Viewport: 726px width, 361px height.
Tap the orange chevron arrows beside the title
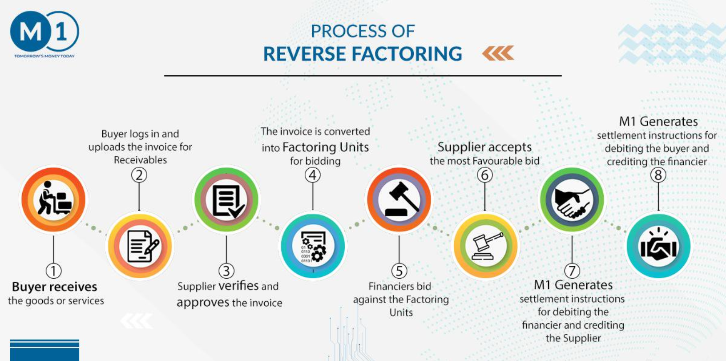click(498, 53)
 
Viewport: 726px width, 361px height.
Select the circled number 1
click(53, 271)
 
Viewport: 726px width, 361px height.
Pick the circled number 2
click(139, 175)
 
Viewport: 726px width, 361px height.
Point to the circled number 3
click(226, 271)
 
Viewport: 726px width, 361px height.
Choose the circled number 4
click(313, 175)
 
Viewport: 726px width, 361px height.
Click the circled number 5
click(399, 271)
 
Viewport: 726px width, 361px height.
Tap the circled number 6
click(485, 175)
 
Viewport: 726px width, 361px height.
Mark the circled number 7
click(572, 271)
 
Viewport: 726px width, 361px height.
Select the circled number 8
click(658, 175)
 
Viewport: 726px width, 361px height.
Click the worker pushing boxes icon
click(54, 198)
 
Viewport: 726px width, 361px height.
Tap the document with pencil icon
click(143, 246)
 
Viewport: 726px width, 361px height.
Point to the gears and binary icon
click(313, 247)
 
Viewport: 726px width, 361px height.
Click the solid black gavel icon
click(401, 199)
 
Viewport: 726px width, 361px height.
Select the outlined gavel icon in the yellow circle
click(487, 246)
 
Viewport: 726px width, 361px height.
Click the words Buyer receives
click(54, 287)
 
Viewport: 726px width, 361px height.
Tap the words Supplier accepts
click(484, 147)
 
